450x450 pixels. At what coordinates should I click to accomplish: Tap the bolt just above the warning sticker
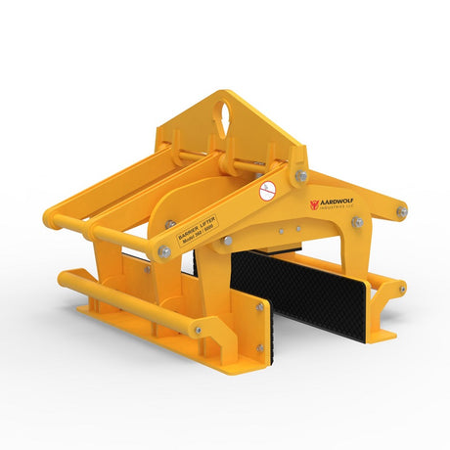[x=301, y=176]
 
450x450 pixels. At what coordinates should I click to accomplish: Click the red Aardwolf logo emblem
[x=315, y=204]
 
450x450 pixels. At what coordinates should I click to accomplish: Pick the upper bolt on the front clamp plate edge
[x=260, y=307]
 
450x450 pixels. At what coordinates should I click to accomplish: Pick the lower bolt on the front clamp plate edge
[x=260, y=347]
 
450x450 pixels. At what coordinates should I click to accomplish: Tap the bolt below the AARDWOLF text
[x=358, y=223]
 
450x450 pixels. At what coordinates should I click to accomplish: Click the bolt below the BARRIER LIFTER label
[x=227, y=241]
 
